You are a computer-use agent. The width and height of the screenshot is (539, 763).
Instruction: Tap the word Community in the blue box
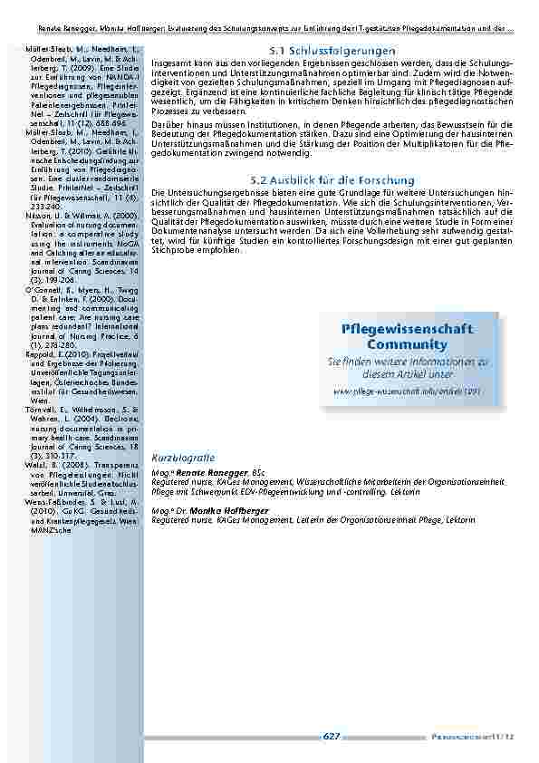407,345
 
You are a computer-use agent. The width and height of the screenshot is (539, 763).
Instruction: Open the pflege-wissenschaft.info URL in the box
407,391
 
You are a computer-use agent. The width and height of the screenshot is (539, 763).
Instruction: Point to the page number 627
332,737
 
